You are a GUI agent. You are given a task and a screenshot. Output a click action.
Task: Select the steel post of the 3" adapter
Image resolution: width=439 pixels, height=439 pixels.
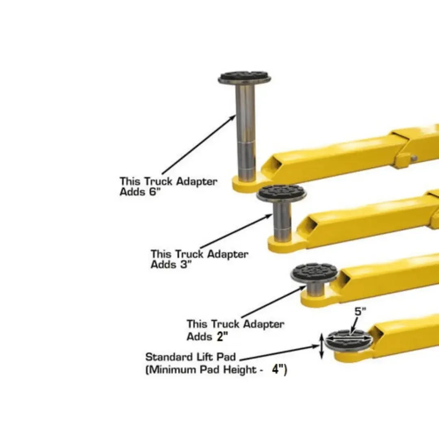tap(282, 222)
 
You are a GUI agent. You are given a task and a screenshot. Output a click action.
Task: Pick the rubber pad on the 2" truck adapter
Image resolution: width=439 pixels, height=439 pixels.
tap(314, 273)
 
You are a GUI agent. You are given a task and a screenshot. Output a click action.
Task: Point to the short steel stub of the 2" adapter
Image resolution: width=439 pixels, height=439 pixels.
tap(314, 289)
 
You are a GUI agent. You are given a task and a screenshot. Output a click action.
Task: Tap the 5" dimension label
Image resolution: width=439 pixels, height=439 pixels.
tap(361, 313)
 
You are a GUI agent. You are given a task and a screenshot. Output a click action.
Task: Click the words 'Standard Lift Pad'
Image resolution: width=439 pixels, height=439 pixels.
tap(190, 357)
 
